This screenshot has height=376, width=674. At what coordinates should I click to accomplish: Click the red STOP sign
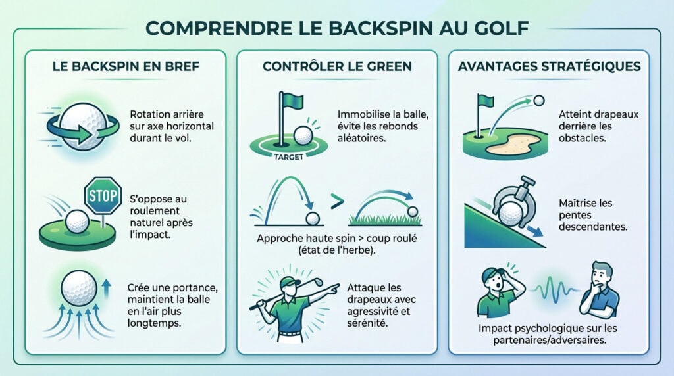tap(103, 195)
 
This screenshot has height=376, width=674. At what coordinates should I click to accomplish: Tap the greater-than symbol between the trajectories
tap(336, 200)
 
